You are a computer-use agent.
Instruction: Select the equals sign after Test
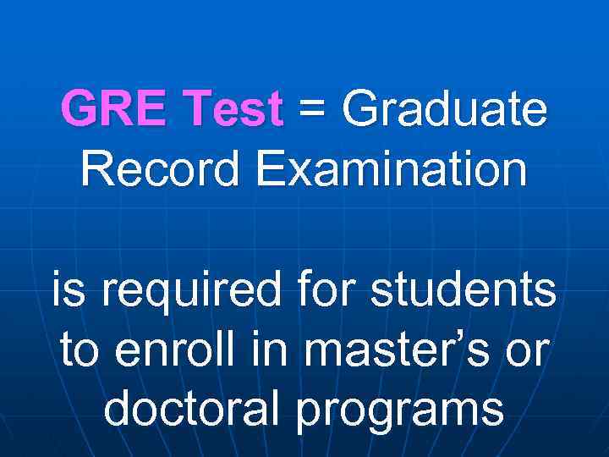point(312,111)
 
